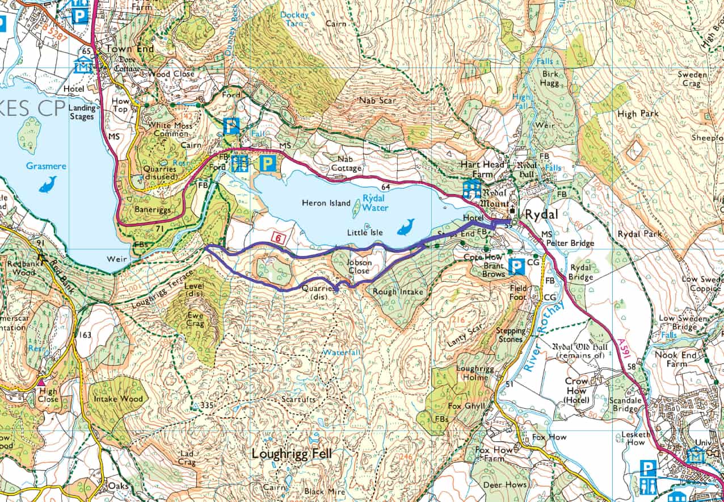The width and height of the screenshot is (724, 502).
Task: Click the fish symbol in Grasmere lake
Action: tap(48, 184)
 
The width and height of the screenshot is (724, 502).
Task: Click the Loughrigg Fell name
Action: tap(292, 454)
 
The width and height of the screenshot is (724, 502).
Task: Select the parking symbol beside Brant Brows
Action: tap(516, 266)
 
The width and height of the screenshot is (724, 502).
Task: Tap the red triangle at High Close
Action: tap(41, 382)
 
